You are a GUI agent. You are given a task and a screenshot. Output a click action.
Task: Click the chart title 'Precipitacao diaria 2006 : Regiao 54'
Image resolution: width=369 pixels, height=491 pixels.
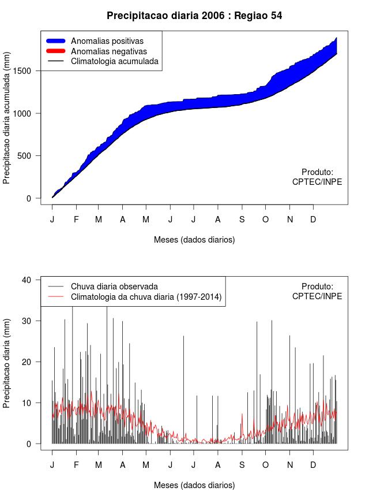tap(194, 16)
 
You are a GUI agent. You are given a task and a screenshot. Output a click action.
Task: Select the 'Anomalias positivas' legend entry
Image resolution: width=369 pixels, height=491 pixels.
tap(107, 41)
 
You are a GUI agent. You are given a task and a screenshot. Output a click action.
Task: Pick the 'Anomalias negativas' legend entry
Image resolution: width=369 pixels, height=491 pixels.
tap(108, 51)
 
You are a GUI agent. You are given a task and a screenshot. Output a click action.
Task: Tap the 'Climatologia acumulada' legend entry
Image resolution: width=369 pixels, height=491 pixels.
tap(114, 61)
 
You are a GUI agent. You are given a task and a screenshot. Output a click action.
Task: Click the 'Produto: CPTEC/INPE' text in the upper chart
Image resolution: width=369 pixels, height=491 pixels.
tap(317, 177)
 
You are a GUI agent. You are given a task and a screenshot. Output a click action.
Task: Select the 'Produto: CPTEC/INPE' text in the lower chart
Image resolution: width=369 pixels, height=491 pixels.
tap(317, 291)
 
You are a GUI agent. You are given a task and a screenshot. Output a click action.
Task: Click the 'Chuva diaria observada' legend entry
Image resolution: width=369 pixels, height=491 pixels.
tap(114, 287)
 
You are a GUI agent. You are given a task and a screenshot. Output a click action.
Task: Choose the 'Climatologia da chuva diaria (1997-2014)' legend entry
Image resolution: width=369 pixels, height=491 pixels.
tap(146, 297)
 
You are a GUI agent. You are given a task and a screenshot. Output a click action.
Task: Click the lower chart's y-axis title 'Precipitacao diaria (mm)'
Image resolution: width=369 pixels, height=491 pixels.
tap(7, 362)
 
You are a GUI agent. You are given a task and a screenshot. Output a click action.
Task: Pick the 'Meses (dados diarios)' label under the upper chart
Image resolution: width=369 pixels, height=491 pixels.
tap(194, 239)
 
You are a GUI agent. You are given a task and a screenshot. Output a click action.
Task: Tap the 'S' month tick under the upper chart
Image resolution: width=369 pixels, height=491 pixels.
tap(242, 220)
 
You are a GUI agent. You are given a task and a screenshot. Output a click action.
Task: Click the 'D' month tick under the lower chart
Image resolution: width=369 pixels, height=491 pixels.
tap(313, 464)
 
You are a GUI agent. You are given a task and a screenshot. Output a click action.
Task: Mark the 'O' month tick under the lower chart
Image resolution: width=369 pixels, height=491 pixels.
tap(265, 464)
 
